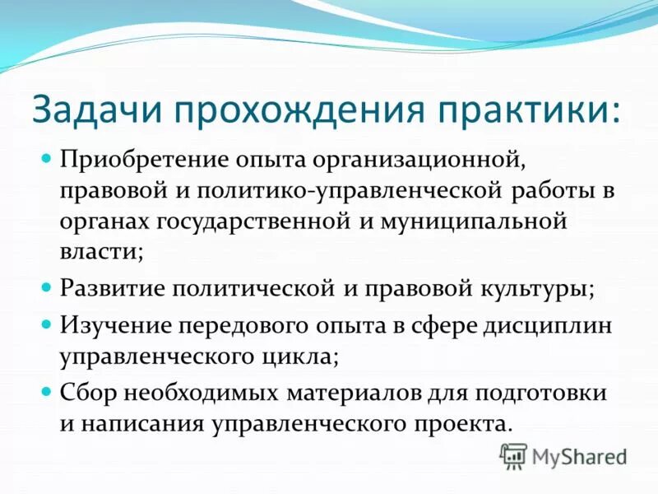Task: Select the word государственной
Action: (x=256, y=222)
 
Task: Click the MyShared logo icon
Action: (x=514, y=456)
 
